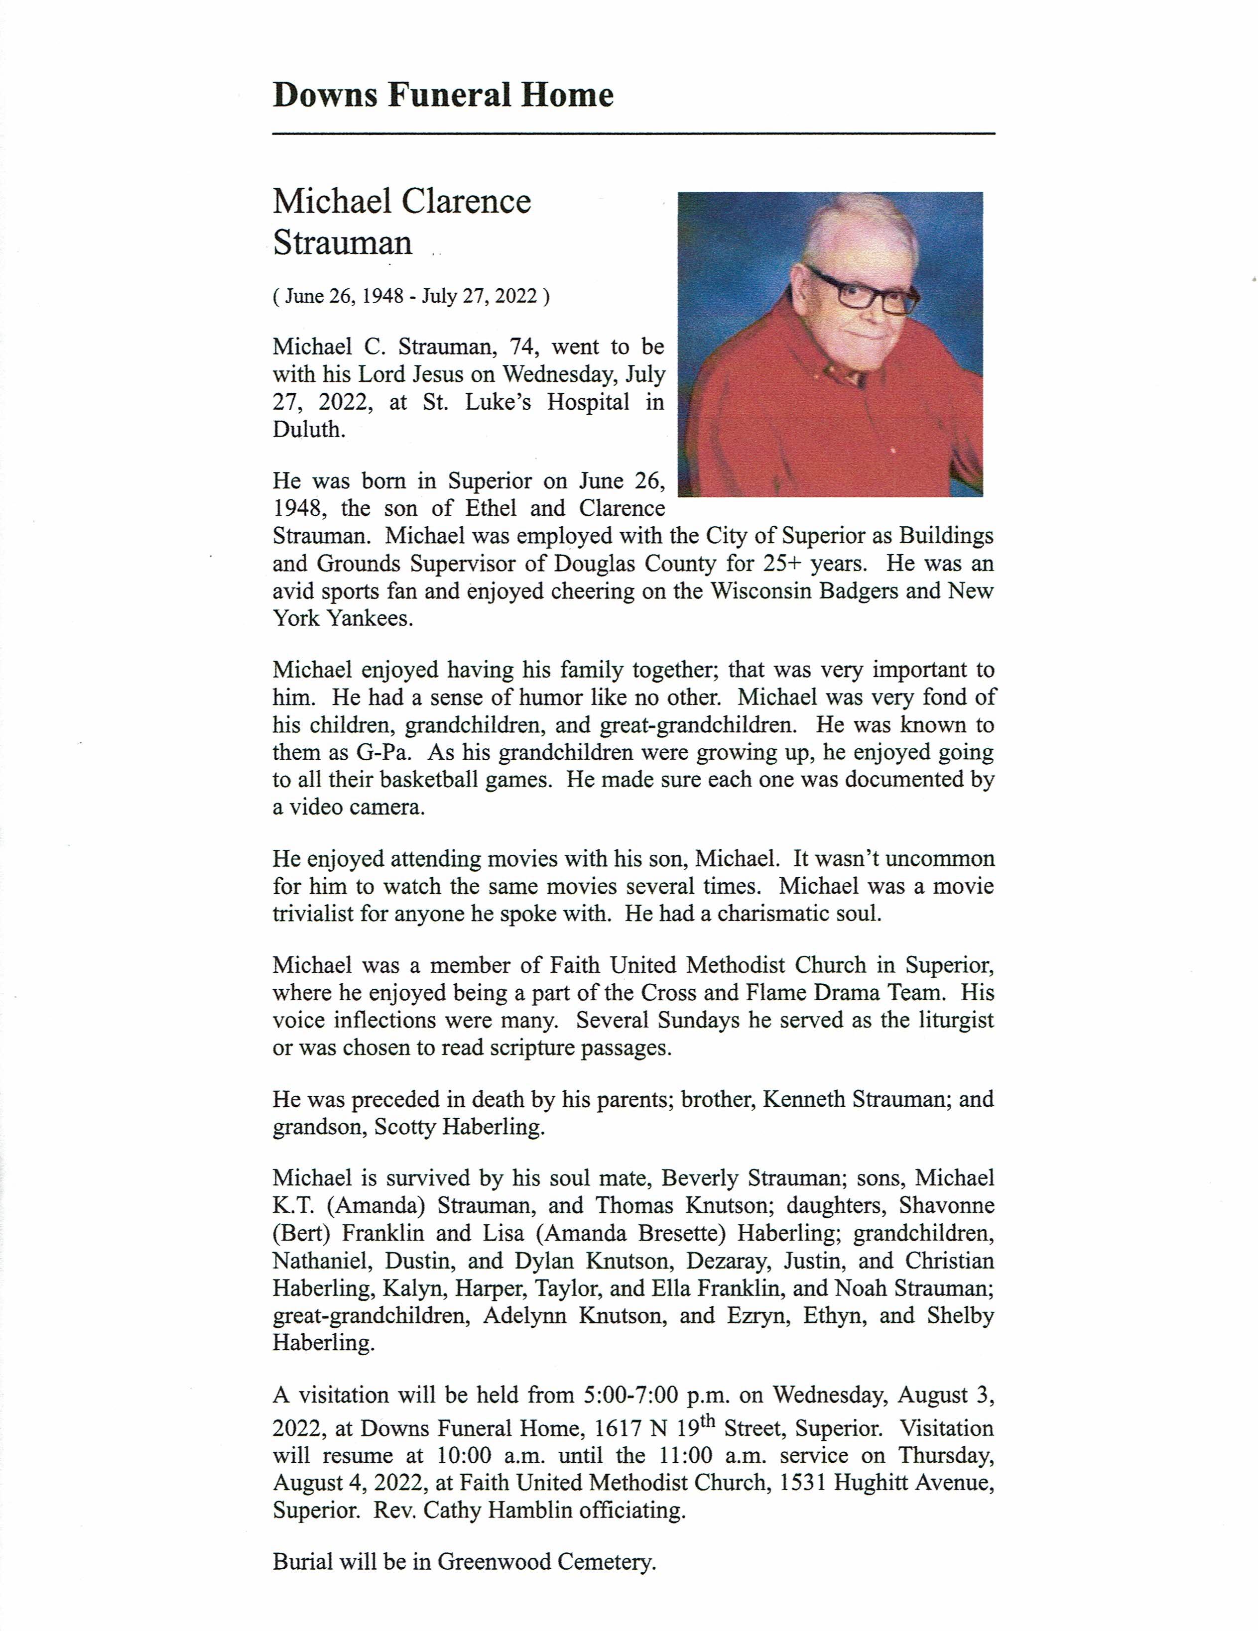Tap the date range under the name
click(411, 297)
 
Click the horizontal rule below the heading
click(633, 133)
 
